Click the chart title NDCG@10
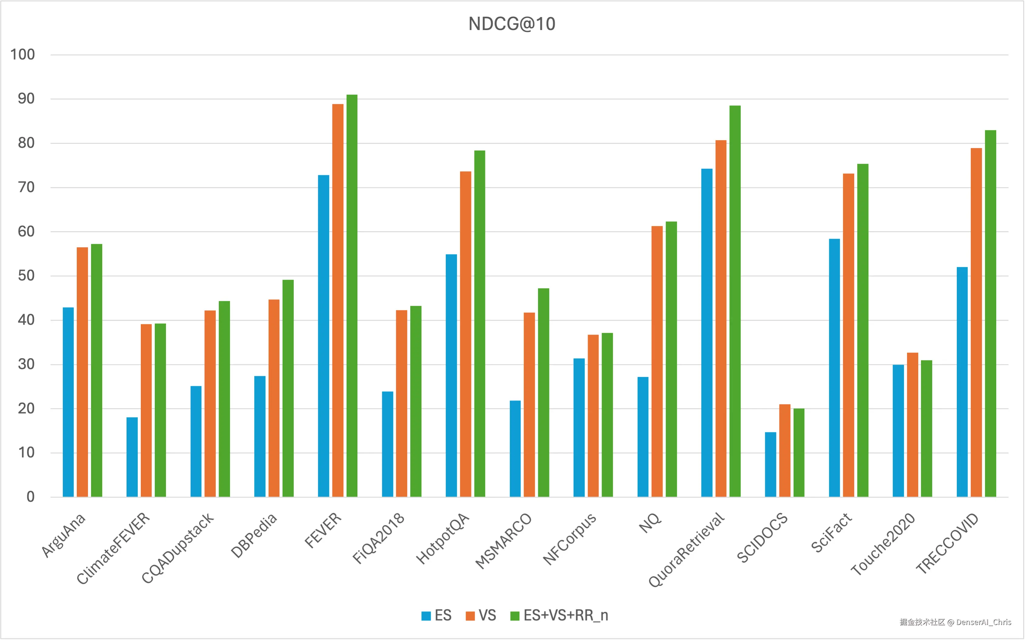512,24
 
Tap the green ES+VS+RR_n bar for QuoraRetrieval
735,301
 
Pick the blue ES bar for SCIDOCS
770,464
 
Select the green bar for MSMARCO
544,392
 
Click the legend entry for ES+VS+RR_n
559,616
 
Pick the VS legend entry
481,616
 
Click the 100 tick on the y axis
22,55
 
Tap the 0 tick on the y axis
31,497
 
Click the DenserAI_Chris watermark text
983,622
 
